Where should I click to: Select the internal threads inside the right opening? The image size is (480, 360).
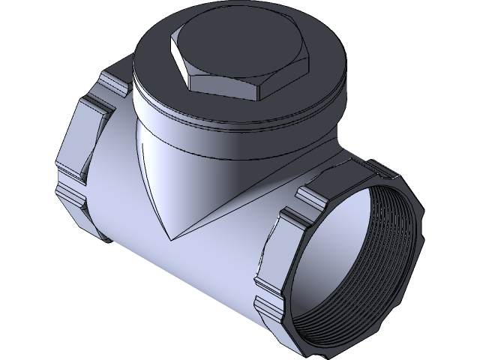coord(375,247)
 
